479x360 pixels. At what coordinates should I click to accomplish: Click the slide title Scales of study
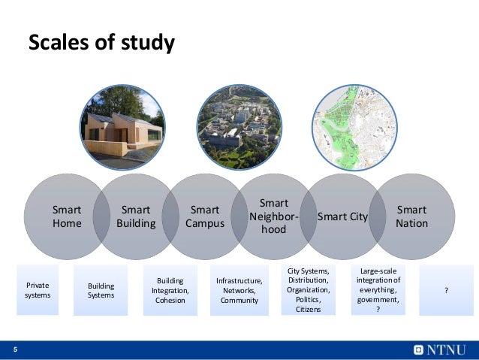point(101,43)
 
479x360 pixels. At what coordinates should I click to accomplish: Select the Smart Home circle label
point(67,216)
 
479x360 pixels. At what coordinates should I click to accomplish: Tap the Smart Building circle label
point(136,216)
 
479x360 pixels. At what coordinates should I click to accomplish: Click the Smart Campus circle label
point(205,216)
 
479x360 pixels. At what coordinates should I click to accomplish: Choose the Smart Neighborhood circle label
point(273,216)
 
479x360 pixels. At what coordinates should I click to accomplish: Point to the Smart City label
point(342,216)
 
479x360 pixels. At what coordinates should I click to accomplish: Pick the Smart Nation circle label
point(411,216)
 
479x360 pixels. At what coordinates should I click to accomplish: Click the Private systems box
point(38,290)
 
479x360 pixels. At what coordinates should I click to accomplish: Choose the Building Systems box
point(101,290)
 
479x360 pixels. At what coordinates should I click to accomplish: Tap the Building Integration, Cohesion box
point(170,290)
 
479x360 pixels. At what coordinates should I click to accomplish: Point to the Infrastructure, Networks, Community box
point(239,290)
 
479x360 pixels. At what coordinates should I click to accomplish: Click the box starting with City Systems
point(308,289)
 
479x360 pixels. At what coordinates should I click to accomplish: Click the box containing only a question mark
point(447,290)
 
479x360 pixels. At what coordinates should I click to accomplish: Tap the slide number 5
point(15,350)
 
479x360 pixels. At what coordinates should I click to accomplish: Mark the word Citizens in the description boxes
point(308,309)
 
